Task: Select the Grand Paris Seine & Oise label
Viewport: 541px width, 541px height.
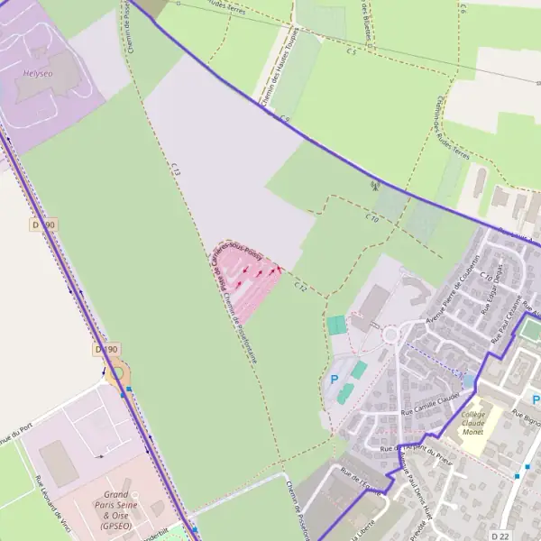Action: pos(116,509)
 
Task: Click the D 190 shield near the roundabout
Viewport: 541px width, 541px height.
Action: pos(106,348)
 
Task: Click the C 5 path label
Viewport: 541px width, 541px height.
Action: pos(351,52)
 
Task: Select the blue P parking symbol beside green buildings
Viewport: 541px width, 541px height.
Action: pos(334,380)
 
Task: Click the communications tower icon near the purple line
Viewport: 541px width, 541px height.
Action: pos(374,187)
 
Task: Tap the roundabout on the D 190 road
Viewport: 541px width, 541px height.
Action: pos(116,373)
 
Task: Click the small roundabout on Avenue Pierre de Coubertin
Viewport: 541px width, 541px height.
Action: pos(391,335)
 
